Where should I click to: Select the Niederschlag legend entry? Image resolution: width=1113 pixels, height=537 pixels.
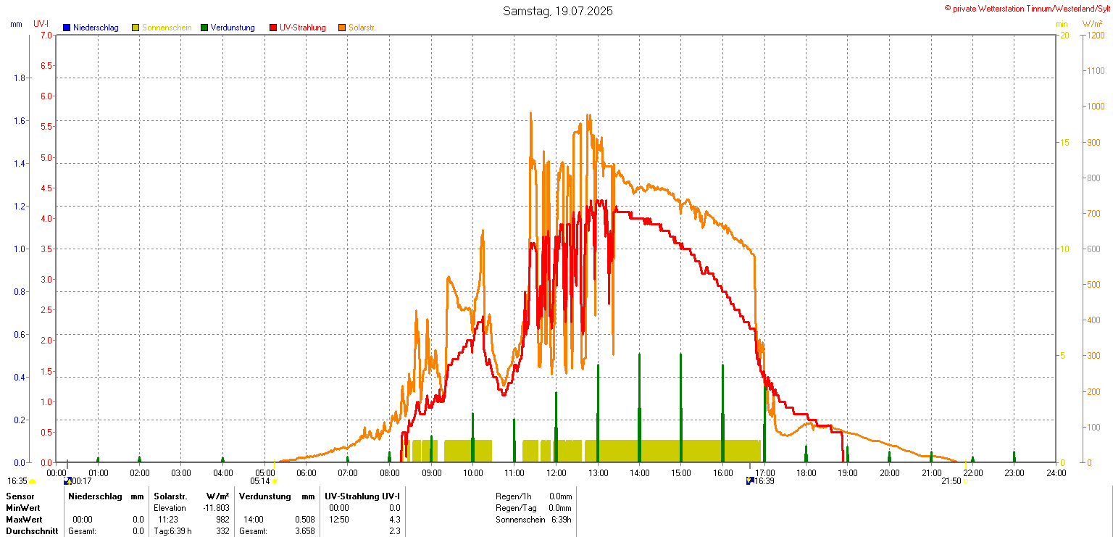[x=95, y=28]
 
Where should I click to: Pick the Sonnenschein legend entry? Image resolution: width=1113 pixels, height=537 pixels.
[x=167, y=28]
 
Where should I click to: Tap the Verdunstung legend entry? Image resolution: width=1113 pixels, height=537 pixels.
[x=233, y=28]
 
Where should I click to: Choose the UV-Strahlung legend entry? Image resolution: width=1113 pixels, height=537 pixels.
[x=302, y=28]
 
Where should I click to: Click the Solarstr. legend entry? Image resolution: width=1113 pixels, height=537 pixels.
[x=362, y=28]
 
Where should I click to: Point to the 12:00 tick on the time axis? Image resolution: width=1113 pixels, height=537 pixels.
[x=556, y=473]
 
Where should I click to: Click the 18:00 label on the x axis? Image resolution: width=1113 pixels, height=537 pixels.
[x=806, y=473]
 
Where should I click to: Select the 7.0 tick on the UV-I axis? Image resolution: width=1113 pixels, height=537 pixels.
[x=46, y=35]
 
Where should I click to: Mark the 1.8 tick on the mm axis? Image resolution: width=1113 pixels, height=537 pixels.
[x=20, y=78]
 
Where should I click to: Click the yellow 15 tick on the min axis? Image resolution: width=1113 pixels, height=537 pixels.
[x=1064, y=142]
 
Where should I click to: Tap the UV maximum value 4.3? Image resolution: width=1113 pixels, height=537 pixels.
[x=394, y=520]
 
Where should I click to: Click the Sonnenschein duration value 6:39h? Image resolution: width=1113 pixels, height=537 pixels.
[x=560, y=520]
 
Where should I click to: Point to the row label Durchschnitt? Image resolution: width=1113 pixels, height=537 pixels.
[x=32, y=531]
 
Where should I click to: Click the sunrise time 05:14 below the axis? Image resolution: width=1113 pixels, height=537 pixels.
[x=259, y=480]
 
